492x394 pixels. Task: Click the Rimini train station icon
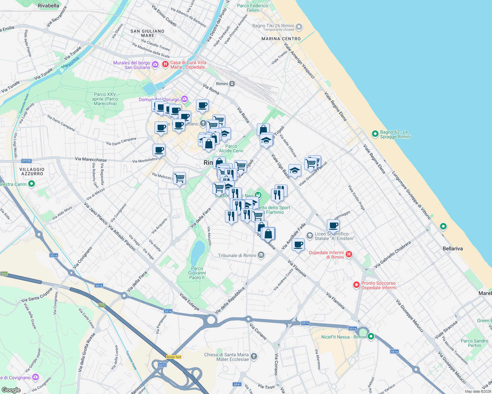[232, 84]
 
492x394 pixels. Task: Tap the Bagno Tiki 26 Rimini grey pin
[299, 27]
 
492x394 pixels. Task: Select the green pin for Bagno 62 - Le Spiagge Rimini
[375, 134]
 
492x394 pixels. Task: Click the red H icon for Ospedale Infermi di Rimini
[349, 254]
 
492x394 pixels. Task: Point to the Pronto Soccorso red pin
[356, 285]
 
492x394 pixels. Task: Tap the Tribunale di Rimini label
[237, 255]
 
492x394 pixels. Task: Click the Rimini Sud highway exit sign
[174, 357]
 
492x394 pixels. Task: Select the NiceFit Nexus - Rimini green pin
[371, 337]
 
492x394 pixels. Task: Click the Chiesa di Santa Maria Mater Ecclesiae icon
[254, 357]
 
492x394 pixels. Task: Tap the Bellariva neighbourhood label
[453, 249]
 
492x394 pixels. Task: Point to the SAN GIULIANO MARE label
[147, 33]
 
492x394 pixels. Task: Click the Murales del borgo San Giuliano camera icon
[155, 64]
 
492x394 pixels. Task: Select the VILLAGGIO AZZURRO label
[32, 171]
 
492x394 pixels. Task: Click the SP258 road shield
[26, 161]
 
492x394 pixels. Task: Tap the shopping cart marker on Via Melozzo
[179, 178]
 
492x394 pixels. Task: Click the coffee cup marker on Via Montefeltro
[159, 150]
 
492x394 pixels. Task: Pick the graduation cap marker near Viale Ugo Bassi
[295, 170]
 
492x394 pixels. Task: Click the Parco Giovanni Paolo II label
[197, 273]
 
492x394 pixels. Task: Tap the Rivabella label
[48, 6]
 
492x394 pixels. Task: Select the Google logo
[11, 390]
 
